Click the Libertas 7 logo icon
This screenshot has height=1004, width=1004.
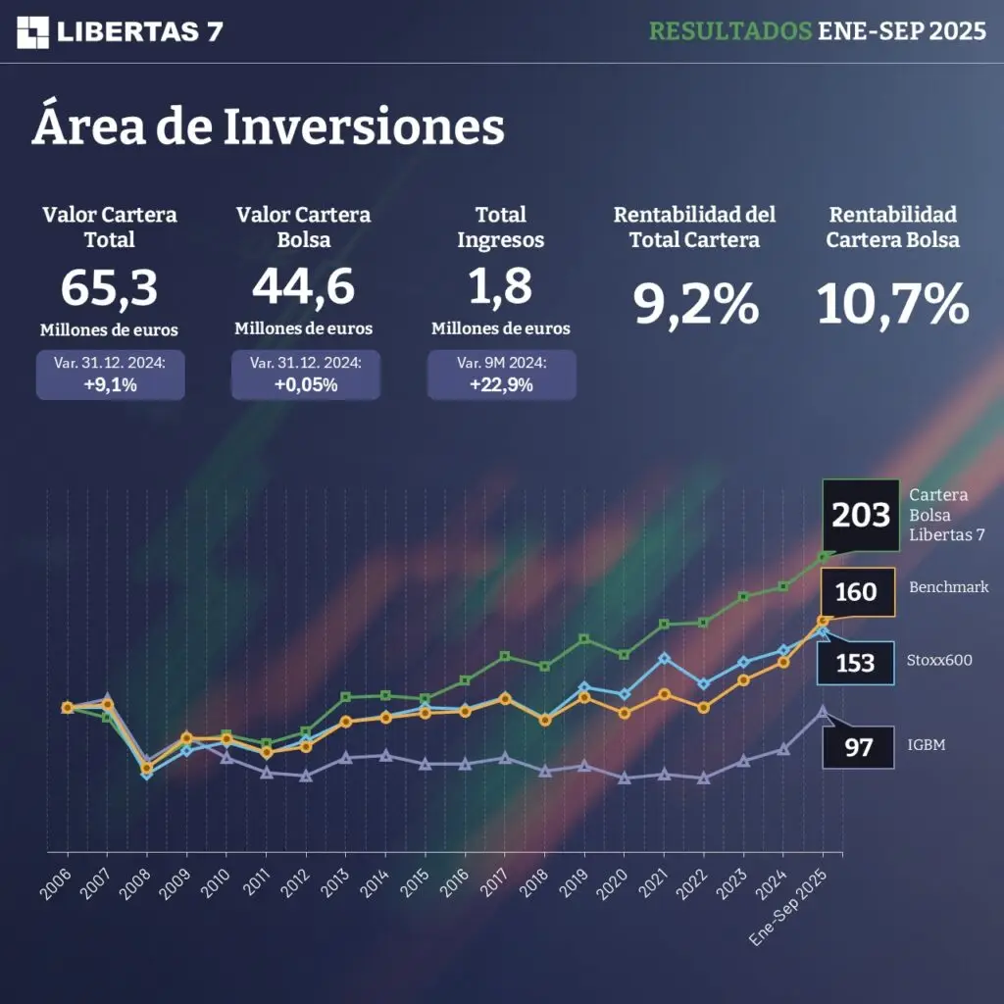[33, 31]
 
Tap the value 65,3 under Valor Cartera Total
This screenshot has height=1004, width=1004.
[109, 286]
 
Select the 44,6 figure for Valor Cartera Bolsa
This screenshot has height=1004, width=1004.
[303, 286]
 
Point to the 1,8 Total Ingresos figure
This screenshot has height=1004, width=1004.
[500, 286]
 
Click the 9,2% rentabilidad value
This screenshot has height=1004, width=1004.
[695, 304]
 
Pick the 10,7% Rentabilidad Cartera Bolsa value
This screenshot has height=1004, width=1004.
[892, 304]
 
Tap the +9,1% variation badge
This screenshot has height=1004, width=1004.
[110, 375]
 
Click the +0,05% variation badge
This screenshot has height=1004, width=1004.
[306, 375]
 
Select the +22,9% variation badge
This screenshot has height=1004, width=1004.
[501, 375]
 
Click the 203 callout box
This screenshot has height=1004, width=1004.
[861, 515]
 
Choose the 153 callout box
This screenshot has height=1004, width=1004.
[855, 664]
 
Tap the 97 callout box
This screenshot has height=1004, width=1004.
[858, 747]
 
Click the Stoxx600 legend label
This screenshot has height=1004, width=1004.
[939, 661]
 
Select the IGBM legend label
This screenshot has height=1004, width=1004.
[928, 746]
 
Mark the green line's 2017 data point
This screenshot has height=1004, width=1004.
[505, 656]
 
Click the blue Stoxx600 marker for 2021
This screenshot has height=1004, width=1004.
[664, 658]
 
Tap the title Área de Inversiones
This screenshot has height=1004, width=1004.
[268, 127]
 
